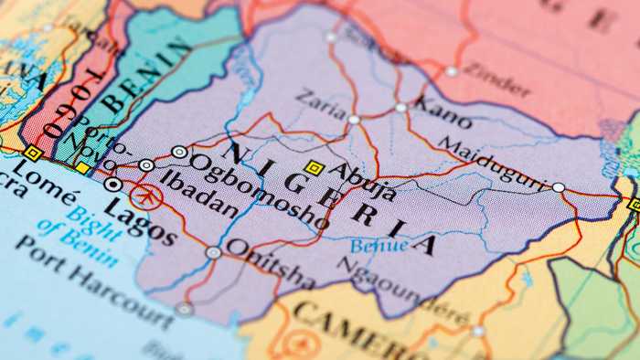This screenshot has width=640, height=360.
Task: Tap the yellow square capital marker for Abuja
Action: tap(315, 167)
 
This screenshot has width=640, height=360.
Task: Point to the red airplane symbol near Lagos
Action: tap(144, 196)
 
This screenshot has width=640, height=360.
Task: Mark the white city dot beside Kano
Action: tap(400, 108)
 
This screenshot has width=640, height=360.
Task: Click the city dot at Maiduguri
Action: tap(559, 186)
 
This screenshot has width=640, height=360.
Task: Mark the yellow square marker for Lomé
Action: tap(34, 153)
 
